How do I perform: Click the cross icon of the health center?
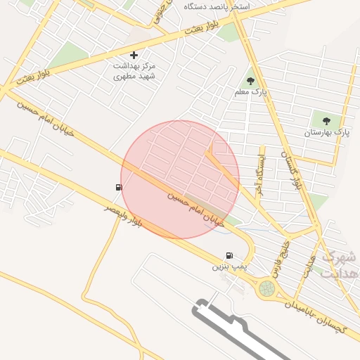(134, 55)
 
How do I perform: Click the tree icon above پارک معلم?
(251, 82)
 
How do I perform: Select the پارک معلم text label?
(251, 93)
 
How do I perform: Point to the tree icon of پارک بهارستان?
(326, 120)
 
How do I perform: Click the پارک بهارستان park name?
(326, 132)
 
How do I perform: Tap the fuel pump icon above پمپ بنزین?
(229, 256)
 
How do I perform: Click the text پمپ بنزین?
(231, 268)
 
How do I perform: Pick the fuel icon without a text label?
(117, 187)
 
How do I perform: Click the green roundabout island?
(266, 288)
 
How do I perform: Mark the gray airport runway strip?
(246, 334)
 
